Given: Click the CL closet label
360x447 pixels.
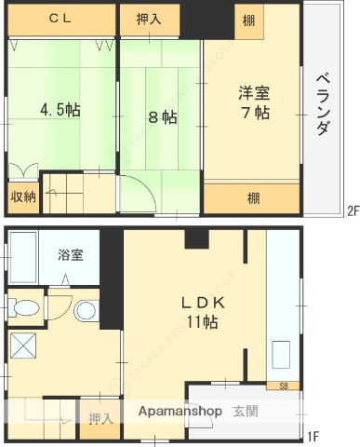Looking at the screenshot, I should click(x=61, y=18).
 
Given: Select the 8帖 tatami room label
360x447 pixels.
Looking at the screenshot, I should click(x=162, y=117).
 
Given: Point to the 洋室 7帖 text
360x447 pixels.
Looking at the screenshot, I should click(x=253, y=102).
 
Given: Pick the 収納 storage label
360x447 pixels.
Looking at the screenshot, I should click(x=24, y=196).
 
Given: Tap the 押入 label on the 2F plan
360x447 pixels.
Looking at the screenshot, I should click(x=148, y=18).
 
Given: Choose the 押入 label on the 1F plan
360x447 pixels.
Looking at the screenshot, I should click(x=100, y=419).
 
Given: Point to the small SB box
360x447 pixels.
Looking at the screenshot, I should click(x=283, y=384).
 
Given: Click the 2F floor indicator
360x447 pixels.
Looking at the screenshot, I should click(x=353, y=210).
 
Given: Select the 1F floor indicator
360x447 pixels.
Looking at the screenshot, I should click(x=313, y=435).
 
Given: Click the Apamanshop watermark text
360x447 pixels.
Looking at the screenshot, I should click(x=180, y=412).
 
